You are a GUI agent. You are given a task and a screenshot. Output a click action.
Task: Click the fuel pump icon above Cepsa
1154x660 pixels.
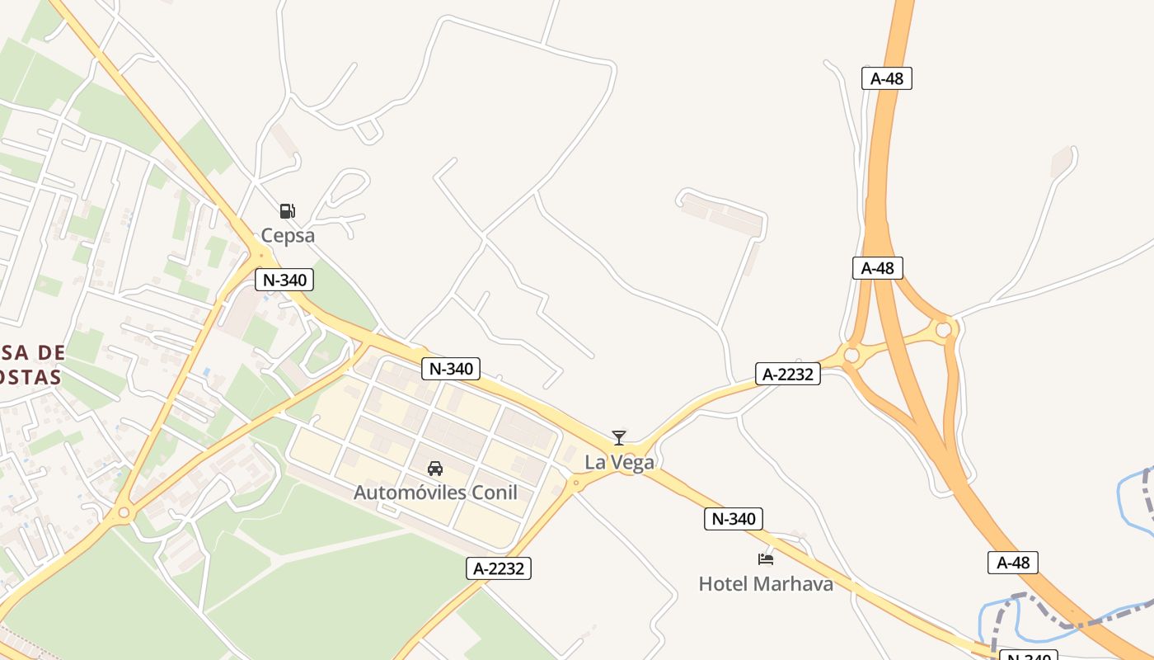(287, 211)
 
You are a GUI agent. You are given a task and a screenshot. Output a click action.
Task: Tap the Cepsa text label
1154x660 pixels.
(288, 235)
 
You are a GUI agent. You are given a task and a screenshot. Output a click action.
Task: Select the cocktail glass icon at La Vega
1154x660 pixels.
(619, 438)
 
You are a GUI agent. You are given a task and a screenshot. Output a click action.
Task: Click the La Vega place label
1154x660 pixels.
(619, 462)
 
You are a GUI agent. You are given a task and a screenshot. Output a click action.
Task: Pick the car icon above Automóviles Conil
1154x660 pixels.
(435, 469)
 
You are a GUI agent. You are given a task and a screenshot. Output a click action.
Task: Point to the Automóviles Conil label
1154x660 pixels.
(435, 493)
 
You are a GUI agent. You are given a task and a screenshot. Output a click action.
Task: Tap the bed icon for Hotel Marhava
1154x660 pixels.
(766, 559)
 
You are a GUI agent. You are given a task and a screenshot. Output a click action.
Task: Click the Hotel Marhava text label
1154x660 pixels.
(766, 584)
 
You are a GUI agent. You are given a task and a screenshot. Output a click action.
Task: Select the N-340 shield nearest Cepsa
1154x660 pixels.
(284, 280)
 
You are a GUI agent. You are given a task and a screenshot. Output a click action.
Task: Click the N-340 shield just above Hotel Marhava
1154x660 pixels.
(733, 519)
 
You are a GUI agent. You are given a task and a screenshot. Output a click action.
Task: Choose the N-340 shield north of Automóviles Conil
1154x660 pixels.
(451, 369)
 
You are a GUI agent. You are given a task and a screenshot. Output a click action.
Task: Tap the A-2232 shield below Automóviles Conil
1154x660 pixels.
(499, 568)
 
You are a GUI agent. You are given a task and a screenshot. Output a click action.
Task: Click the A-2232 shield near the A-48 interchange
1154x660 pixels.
(788, 375)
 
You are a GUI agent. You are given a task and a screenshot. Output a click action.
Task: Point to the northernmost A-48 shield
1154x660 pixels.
(887, 78)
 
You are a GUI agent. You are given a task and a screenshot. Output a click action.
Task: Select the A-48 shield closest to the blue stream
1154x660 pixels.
(1013, 563)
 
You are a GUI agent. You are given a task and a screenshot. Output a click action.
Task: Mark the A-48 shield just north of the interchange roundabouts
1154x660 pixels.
(877, 267)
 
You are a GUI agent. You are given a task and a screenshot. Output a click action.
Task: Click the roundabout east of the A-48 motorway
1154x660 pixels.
(943, 330)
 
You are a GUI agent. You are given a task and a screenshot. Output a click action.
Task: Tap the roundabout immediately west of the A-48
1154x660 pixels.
(851, 356)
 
